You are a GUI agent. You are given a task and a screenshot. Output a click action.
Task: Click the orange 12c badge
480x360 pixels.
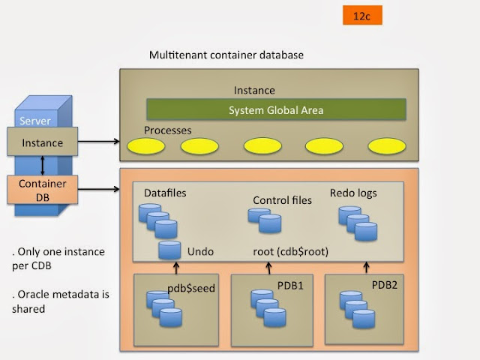point(362,16)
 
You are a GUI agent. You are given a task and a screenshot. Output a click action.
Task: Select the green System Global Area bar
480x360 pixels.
point(276,110)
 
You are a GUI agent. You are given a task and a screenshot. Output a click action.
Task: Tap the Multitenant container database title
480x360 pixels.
point(226,55)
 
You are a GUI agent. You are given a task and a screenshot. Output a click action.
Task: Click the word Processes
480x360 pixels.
point(168,130)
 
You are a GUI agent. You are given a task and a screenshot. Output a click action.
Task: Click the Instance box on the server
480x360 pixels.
point(42,142)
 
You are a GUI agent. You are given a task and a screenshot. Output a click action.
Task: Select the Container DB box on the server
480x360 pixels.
point(42,190)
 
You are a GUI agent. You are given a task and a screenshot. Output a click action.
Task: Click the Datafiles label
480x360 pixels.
point(165,193)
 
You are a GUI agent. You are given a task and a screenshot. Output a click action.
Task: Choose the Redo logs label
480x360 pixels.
point(353,193)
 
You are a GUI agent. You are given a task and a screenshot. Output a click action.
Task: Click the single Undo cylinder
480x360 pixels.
point(169,250)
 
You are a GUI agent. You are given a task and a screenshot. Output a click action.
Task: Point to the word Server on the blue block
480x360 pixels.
point(35,121)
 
